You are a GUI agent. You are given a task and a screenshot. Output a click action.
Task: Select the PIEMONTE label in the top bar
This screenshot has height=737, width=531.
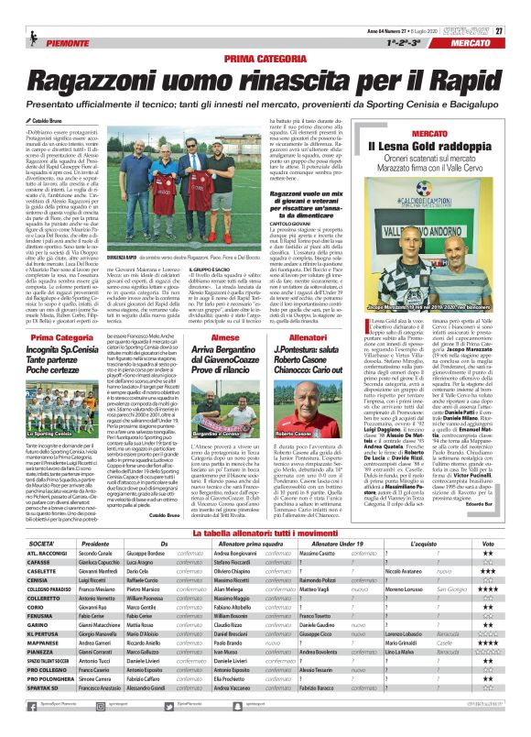tap(45, 19)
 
